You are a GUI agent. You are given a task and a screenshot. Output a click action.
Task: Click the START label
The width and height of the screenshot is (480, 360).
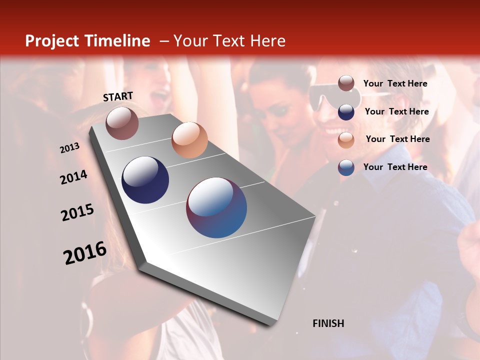[x=118, y=96]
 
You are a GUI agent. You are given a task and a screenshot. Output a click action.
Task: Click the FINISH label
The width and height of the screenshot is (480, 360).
[x=328, y=323]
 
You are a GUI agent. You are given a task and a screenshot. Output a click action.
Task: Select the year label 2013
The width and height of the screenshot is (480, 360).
[x=69, y=148]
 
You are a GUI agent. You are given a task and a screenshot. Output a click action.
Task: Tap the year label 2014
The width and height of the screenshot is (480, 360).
[x=73, y=177]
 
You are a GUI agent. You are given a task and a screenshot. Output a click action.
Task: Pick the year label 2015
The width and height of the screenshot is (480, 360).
[x=77, y=212]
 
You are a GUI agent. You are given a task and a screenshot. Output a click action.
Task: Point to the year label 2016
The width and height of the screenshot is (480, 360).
[x=85, y=253]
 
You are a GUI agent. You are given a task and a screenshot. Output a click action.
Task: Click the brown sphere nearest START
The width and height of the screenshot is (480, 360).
[x=122, y=123]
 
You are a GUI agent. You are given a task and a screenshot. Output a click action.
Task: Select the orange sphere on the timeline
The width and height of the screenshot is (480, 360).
[x=189, y=140]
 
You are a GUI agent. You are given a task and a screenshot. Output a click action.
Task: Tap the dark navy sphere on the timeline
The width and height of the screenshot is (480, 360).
[x=145, y=180]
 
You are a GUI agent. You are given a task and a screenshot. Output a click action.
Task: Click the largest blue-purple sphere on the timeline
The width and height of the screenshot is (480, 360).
[x=216, y=207]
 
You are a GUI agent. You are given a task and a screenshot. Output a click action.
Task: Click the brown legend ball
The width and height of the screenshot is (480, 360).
[x=346, y=83]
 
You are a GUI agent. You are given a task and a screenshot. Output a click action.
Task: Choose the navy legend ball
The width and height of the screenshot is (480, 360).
[x=346, y=111]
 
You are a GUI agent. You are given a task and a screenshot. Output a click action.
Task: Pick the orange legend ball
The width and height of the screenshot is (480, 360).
[x=346, y=139]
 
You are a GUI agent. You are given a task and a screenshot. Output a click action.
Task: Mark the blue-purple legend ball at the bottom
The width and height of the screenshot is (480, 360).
[x=346, y=167]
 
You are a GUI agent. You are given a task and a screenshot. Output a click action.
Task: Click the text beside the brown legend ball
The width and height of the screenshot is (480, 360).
[x=395, y=84]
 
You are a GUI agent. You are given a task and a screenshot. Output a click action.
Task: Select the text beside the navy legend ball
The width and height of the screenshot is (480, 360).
[x=396, y=111]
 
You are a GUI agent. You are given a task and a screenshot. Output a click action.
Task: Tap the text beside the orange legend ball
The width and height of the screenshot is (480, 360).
[x=397, y=139]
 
